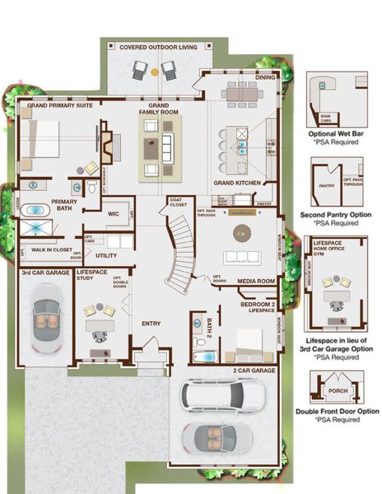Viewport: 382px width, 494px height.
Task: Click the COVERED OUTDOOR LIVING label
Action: point(159,48)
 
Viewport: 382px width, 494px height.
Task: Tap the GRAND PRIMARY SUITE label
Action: point(58,106)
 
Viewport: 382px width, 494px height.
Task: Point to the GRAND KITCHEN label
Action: point(237,182)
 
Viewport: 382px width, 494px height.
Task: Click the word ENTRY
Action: point(151,324)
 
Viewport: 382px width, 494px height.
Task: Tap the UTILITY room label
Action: point(106,255)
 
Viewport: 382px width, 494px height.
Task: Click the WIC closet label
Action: point(114,214)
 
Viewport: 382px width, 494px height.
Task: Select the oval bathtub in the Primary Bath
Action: point(35,209)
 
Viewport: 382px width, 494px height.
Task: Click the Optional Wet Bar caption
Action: point(337,133)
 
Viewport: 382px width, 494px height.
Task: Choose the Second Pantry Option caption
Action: point(337,217)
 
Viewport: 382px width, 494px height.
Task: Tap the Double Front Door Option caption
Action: point(337,411)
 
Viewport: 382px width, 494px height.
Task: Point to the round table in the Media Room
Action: point(242,231)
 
